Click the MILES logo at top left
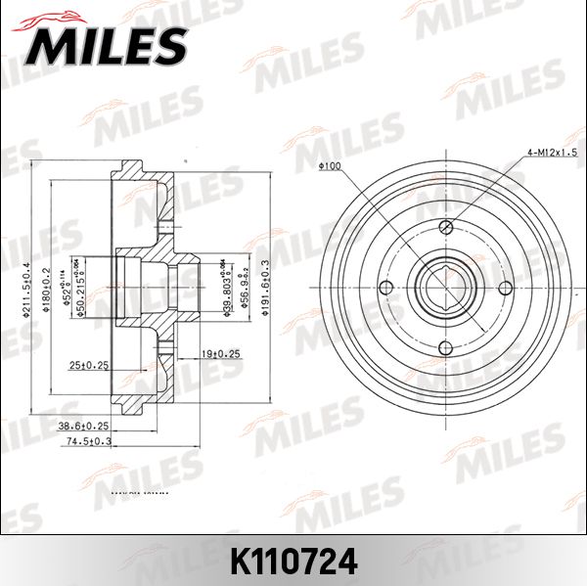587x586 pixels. click(109, 44)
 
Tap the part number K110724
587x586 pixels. click(293, 563)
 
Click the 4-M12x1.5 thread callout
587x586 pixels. click(554, 153)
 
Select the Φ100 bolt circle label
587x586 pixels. click(329, 166)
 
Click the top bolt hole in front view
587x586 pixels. click(445, 228)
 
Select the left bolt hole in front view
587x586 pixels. click(385, 288)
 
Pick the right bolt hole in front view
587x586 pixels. click(506, 288)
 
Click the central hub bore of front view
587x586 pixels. click(445, 288)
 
